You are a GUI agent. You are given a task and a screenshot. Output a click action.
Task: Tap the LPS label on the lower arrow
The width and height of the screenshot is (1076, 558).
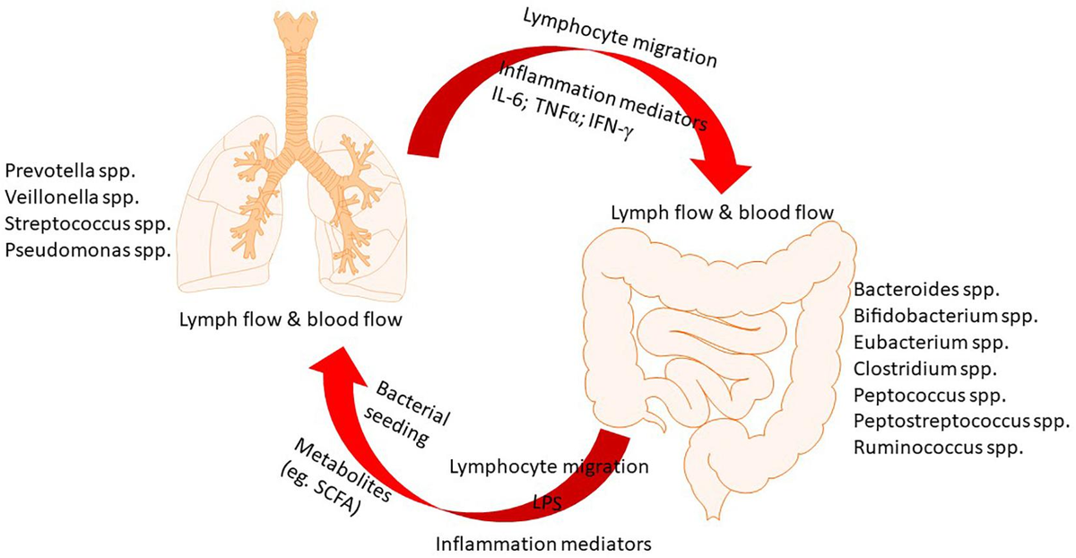click(543, 503)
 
